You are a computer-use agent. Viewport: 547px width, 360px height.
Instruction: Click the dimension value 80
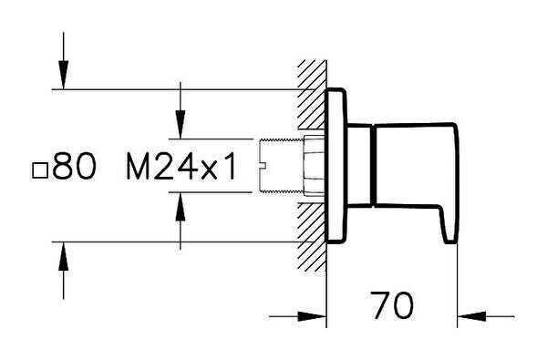[x=74, y=165]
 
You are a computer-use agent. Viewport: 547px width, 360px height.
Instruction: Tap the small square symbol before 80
[x=40, y=171]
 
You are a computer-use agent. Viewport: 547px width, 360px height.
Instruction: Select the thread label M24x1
[x=181, y=166]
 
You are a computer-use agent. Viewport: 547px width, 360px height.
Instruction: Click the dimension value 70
[x=392, y=305]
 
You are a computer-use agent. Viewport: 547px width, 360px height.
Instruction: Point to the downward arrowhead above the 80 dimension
[x=63, y=75]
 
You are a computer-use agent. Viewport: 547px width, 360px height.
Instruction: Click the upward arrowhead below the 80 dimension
[x=63, y=256]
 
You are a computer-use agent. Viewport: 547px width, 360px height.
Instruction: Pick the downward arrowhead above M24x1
[x=180, y=124]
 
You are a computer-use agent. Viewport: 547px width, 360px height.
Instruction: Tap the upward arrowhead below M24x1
[x=180, y=207]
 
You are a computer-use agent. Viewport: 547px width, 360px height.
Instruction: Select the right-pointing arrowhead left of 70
[x=311, y=316]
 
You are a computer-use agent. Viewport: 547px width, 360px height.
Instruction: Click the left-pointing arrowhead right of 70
[x=471, y=316]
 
